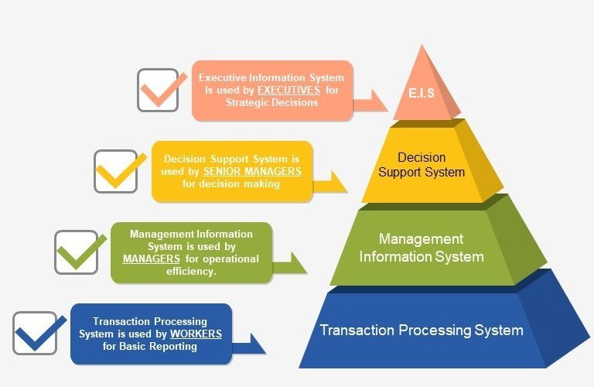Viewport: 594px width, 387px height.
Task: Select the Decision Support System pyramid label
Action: [421, 165]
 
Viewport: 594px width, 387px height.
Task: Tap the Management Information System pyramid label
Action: [421, 247]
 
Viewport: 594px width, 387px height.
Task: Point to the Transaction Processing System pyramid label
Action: [421, 330]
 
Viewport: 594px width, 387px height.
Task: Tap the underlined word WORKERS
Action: [196, 334]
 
